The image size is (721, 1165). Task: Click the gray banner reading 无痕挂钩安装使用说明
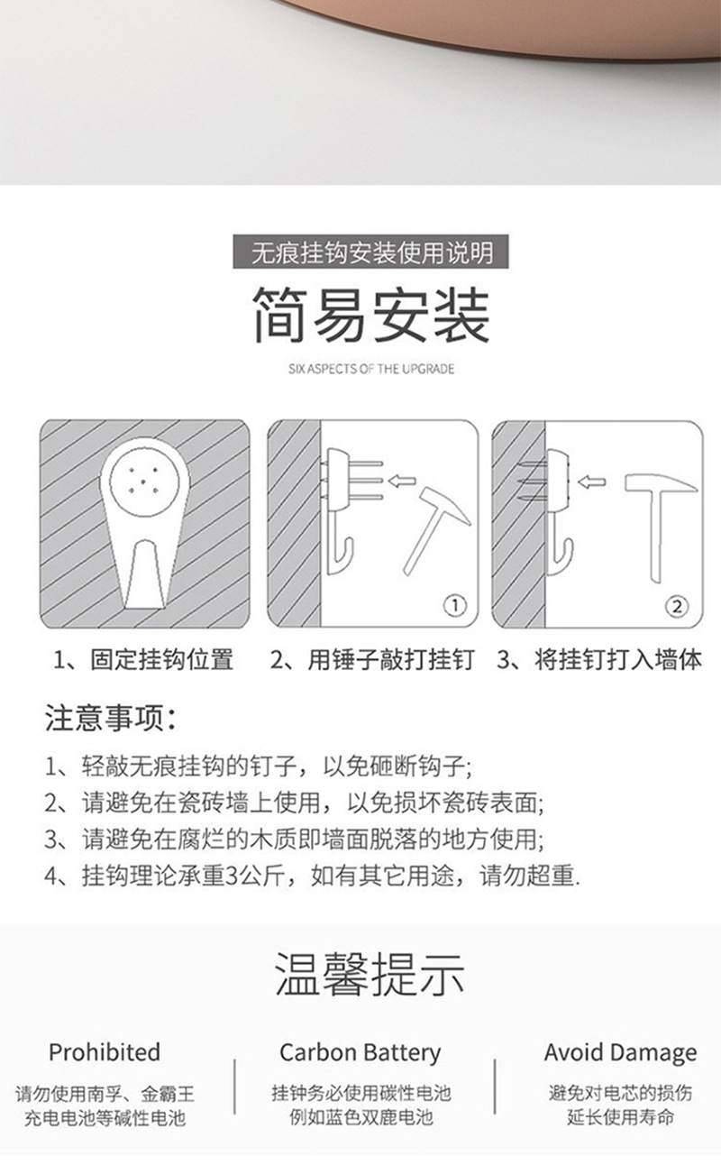[370, 252]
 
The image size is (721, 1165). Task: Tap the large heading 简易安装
[371, 316]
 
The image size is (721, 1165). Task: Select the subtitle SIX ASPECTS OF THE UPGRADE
[371, 369]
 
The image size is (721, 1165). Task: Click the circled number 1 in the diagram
[455, 605]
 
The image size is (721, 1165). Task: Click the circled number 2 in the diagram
[677, 606]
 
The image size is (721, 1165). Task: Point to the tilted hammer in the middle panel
[436, 527]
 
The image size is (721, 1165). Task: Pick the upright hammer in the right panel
[659, 527]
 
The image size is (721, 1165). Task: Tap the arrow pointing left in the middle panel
[402, 482]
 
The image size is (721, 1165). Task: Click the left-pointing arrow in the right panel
[591, 482]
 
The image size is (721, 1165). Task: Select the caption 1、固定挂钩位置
[144, 659]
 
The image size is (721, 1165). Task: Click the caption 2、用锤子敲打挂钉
[372, 659]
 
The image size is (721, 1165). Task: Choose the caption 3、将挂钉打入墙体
[599, 659]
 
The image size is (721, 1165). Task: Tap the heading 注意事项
[110, 719]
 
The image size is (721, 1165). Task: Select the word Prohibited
[105, 1052]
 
